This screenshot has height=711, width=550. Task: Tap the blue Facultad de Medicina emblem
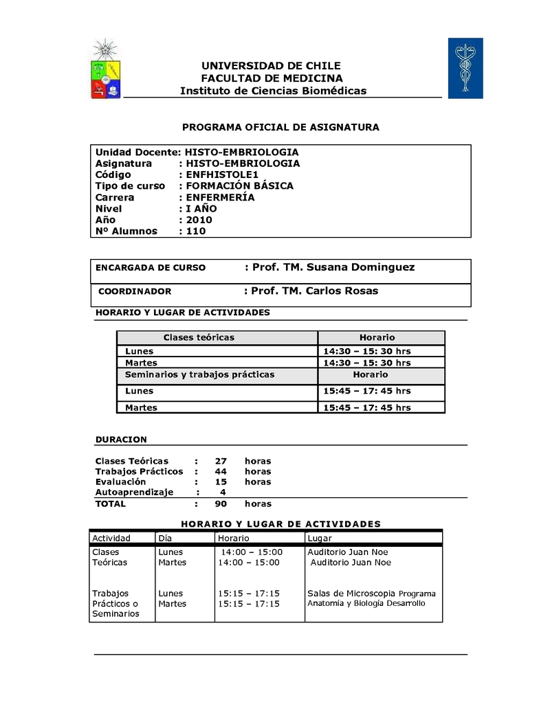click(x=465, y=68)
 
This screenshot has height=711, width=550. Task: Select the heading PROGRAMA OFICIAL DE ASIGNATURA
click(x=280, y=127)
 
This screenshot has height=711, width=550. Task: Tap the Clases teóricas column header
click(x=199, y=337)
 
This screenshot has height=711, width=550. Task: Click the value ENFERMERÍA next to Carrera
click(x=220, y=197)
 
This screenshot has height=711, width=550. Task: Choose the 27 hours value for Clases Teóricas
click(x=221, y=461)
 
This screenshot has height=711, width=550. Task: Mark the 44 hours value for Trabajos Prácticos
click(x=221, y=471)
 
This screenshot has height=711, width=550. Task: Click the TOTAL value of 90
click(x=221, y=504)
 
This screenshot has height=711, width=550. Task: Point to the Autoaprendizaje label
click(x=134, y=492)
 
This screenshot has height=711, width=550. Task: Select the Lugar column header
click(x=320, y=538)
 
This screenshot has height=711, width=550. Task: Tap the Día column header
click(x=165, y=538)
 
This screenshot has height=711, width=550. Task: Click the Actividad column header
click(x=111, y=538)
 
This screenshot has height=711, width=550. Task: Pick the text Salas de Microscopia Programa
click(x=371, y=594)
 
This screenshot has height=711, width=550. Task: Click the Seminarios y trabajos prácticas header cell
click(x=199, y=374)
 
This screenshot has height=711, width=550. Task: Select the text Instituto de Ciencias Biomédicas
click(x=273, y=91)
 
